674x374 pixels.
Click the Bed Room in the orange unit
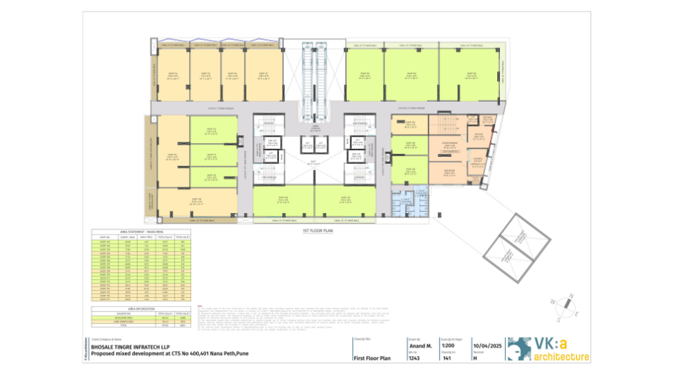coord(449,172)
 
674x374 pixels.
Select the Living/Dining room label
coord(450,145)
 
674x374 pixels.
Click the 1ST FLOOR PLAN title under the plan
coord(318,232)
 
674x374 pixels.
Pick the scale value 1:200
coord(448,344)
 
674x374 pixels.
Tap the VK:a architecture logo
coord(550,349)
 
